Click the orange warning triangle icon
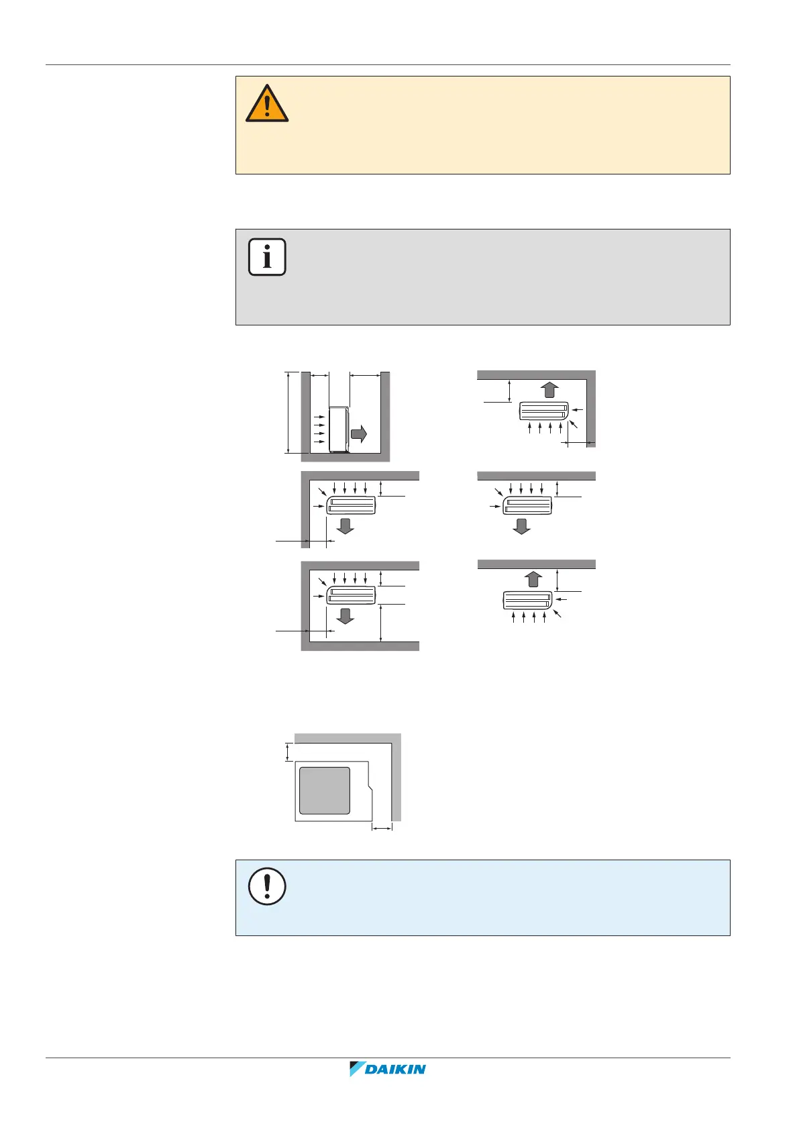pos(267,105)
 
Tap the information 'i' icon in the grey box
pos(267,257)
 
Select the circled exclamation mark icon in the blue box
pos(267,886)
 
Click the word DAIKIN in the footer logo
pos(396,1069)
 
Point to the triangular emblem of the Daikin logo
pos(356,1069)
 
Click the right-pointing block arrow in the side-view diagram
pos(359,433)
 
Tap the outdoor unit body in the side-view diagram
pos(339,428)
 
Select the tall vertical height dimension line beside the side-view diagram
pos(288,413)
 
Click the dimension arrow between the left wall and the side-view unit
pos(319,376)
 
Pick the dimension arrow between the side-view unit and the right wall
pos(365,376)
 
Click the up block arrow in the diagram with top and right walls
pos(549,390)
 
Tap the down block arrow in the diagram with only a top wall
pos(521,525)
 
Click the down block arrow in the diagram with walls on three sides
pos(345,615)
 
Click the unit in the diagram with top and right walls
pos(544,411)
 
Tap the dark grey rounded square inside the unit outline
pos(325,790)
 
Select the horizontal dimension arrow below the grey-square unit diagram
pos(382,829)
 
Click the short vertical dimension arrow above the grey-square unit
pos(288,752)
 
